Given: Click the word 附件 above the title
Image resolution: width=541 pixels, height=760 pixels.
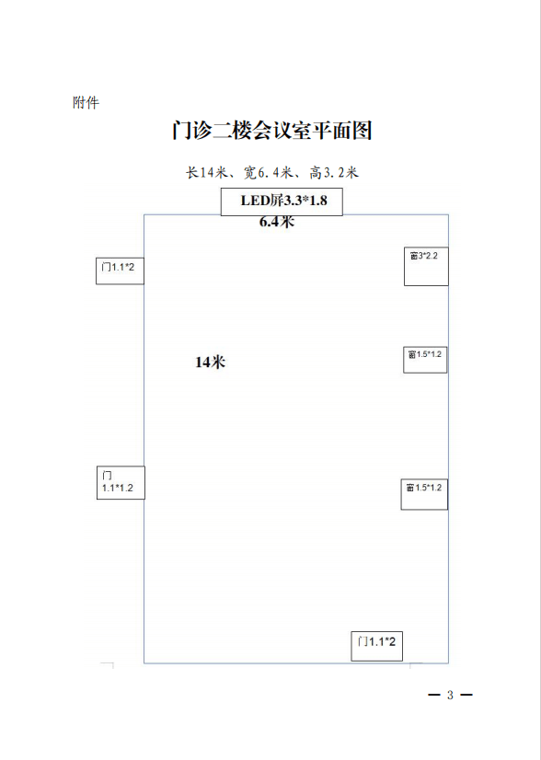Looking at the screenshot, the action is pos(86,103).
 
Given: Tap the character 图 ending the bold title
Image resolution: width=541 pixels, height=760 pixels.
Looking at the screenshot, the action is pos(362,131).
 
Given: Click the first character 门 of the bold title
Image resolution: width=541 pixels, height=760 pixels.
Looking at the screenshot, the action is pos(182,131).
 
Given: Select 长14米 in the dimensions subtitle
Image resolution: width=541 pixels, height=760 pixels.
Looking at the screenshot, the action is pos(206,172).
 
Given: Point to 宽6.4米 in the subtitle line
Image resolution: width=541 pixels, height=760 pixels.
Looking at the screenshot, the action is pos(268,172).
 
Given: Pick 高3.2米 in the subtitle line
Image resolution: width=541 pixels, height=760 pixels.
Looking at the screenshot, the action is pos(334,172).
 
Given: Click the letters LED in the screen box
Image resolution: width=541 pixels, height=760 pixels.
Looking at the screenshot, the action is pos(252,201).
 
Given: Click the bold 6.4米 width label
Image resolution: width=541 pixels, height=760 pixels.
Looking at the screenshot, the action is pos(277,223).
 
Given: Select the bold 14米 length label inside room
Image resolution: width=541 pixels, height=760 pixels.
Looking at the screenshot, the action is pos(211,363).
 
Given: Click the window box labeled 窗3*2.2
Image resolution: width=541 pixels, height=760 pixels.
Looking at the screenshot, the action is pos(426,266).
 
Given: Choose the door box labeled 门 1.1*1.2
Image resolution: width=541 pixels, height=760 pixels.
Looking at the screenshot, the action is pos(121,482).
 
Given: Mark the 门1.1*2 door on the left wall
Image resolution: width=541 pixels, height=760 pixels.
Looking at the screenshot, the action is pos(120,271).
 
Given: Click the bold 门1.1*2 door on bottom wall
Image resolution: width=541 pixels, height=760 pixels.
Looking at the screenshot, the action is pos(376,646).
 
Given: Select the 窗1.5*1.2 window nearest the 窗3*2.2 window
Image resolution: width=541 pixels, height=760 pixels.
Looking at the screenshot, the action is pos(425,360).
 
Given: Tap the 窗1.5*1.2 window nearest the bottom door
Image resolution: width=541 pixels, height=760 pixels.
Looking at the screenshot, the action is pos(424,494).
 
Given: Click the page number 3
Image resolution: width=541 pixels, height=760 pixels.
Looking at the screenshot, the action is pos(450,695).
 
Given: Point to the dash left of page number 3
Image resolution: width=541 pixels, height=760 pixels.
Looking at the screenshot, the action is pos(434,695).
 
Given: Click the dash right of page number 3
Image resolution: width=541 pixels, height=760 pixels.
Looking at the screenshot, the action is pos(466,695).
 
